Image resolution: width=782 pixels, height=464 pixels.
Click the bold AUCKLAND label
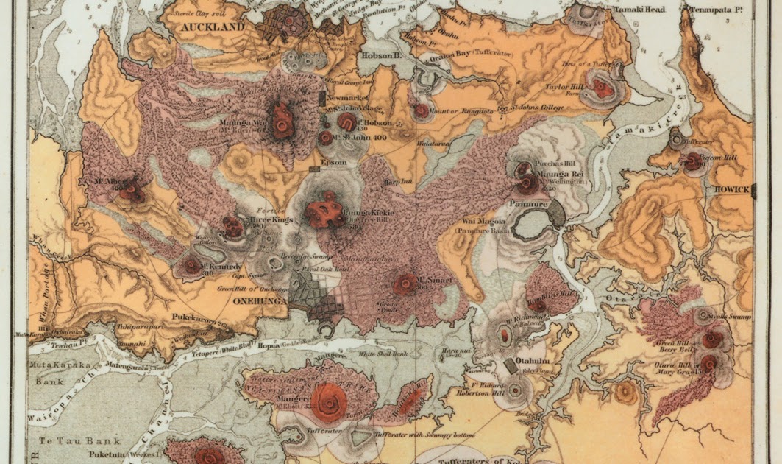click(x=208, y=27)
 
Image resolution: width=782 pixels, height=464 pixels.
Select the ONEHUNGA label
click(x=259, y=300)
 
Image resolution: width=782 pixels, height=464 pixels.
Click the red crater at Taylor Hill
click(x=601, y=88)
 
